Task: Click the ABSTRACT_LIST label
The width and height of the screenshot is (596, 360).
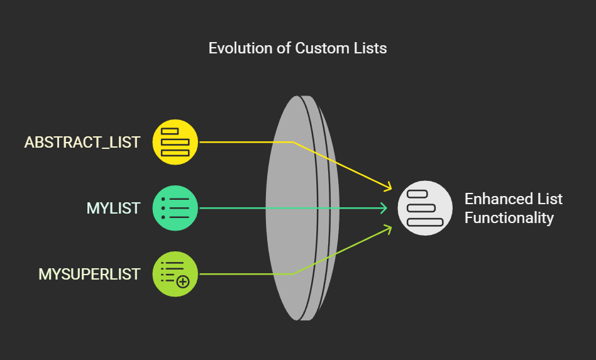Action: click(x=82, y=142)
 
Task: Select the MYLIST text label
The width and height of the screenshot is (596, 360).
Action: click(x=113, y=208)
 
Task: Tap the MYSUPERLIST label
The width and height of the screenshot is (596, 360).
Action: click(x=89, y=274)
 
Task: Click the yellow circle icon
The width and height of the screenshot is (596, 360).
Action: click(x=175, y=142)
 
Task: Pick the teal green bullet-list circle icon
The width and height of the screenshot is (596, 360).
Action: click(x=175, y=208)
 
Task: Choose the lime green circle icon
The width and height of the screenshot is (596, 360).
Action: click(x=175, y=274)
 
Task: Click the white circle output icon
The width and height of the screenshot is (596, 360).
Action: click(x=425, y=208)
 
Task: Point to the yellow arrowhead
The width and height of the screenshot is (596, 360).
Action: click(x=388, y=187)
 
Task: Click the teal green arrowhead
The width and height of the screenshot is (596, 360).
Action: click(x=384, y=208)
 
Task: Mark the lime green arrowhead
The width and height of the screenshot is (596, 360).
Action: click(x=388, y=229)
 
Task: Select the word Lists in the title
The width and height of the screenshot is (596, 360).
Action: click(x=370, y=48)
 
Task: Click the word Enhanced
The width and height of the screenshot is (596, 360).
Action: click(x=496, y=199)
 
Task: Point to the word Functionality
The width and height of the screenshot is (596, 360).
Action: click(x=509, y=218)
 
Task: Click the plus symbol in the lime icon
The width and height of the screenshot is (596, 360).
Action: click(x=183, y=281)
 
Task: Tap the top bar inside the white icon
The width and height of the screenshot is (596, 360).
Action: click(x=418, y=194)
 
